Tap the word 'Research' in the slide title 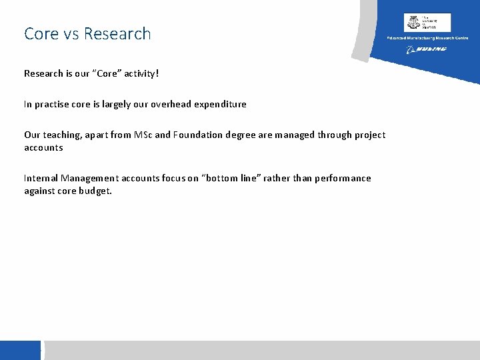click(117, 33)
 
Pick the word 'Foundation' click(198, 135)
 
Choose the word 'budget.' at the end click(96, 191)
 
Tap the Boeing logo click(427, 49)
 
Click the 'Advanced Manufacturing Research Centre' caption click(427, 38)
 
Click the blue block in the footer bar click(21, 350)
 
